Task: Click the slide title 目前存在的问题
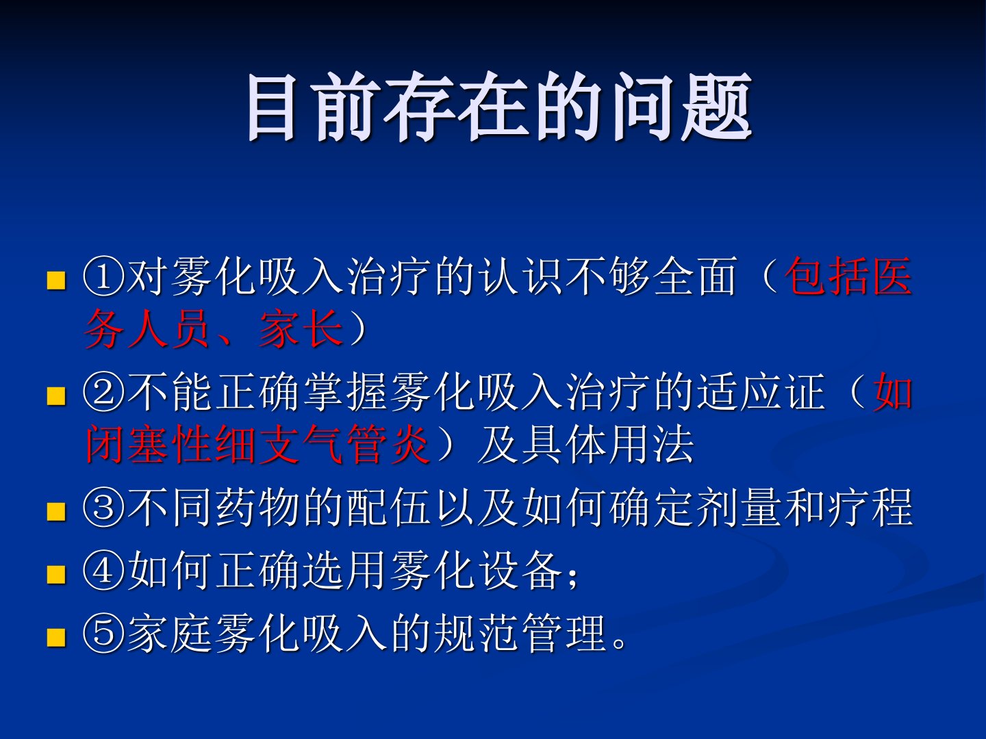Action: pos(500,107)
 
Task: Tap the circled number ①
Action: pos(104,277)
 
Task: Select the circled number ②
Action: pos(104,393)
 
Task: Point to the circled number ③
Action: pos(104,508)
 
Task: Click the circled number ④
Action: pos(104,571)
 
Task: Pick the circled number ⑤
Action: pos(104,634)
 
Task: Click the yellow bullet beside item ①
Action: pos(57,280)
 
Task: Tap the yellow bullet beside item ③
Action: pos(57,511)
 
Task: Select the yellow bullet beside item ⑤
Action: pos(57,637)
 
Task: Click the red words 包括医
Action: pos(848,276)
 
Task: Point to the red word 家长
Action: pos(301,329)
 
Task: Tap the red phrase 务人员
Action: pos(147,329)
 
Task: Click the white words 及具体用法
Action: pos(585,444)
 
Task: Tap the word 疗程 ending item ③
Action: pos(870,508)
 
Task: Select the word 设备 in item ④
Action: pos(521,571)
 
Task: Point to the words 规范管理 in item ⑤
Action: pos(520,634)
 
